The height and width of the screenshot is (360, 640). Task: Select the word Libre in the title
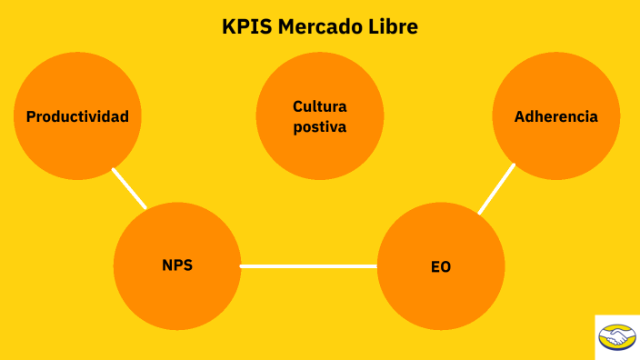[x=394, y=27]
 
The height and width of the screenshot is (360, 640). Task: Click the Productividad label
[x=77, y=117]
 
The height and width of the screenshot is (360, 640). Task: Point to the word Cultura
[x=320, y=107]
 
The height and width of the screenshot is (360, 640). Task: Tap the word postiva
[x=320, y=127]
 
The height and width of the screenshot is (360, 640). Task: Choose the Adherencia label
[x=555, y=117]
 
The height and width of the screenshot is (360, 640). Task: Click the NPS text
[x=177, y=266]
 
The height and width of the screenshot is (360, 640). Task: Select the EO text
[x=441, y=267]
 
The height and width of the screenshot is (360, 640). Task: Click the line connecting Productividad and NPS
[x=129, y=188]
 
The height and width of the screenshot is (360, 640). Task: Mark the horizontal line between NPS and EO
[x=308, y=266]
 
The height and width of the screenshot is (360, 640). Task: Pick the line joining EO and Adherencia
[x=496, y=189]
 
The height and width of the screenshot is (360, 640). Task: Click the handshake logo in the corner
[x=617, y=337]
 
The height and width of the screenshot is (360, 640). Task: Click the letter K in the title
[x=227, y=27]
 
